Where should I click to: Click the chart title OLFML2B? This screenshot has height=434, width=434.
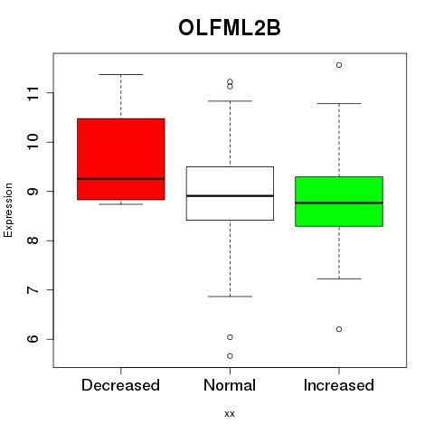230,28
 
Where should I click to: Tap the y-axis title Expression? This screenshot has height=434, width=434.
8,210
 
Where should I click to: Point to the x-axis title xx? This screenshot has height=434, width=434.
230,413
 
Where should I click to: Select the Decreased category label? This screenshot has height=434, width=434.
120,385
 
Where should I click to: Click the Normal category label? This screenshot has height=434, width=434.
230,385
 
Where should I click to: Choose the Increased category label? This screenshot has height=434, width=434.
339,385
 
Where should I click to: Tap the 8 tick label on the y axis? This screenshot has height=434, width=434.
33,241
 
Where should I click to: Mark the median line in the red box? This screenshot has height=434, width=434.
121,179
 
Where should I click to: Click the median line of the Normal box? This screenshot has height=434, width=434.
230,196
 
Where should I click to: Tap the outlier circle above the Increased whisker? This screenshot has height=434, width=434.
339,65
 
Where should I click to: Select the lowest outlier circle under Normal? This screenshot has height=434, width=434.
230,356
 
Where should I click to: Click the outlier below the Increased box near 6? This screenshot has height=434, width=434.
339,329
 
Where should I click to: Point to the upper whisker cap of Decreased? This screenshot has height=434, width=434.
121,74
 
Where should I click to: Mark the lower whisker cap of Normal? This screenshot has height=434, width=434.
230,297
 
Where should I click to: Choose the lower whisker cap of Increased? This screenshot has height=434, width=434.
339,278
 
